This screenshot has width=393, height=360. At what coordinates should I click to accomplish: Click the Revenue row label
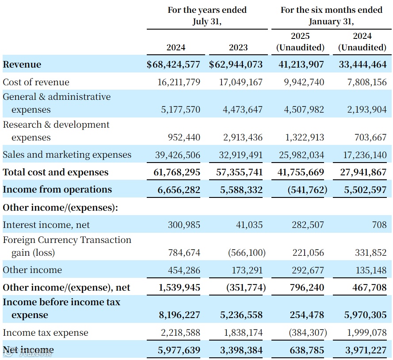[x=22, y=64]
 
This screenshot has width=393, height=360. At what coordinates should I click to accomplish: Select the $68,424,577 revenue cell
[x=173, y=64]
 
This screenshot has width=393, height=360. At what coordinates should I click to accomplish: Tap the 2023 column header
[x=238, y=47]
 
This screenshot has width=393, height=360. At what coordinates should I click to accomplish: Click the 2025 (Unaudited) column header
[x=300, y=42]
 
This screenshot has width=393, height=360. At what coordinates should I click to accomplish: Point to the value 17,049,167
[x=240, y=82]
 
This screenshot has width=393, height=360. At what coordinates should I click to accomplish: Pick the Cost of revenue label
[x=36, y=82]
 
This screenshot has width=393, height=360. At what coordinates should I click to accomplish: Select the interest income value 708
[x=379, y=225]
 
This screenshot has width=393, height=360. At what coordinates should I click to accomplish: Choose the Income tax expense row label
[x=46, y=333]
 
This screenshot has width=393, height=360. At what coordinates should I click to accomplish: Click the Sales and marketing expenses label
[x=67, y=155]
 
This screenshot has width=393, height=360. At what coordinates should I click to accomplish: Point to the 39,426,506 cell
[x=179, y=155]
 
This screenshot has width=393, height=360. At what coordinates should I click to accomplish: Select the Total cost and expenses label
[x=56, y=172]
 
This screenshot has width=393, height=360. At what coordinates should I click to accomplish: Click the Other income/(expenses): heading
[x=61, y=207]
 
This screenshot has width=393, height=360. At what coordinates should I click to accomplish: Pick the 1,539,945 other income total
[x=179, y=288]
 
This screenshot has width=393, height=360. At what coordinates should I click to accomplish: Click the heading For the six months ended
[x=331, y=10]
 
